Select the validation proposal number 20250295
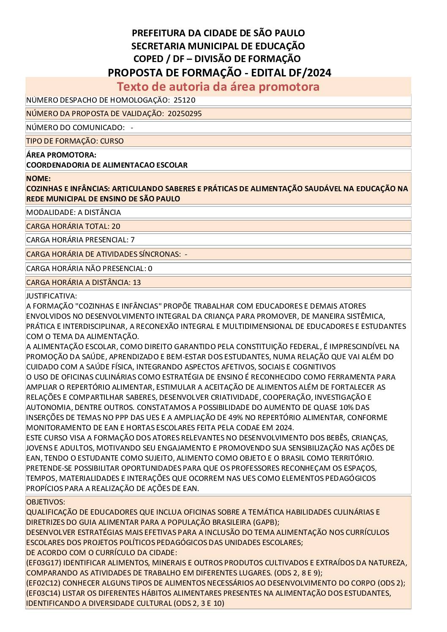(185, 114)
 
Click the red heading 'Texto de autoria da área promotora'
(218, 87)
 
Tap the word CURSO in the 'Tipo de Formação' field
(112, 141)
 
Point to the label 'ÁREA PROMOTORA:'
(61, 155)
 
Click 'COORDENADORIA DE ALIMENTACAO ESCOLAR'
(107, 165)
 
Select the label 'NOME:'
(38, 179)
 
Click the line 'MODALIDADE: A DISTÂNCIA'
(74, 212)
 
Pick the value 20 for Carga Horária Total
(116, 226)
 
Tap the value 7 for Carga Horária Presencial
(133, 240)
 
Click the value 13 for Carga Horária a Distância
(137, 282)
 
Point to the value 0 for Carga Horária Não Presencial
(150, 269)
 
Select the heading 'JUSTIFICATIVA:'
(52, 296)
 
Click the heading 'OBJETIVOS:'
(46, 502)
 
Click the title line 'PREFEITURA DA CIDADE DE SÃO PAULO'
(218, 33)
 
